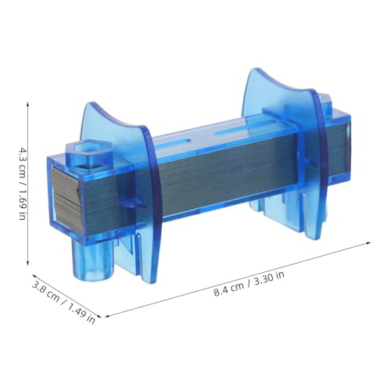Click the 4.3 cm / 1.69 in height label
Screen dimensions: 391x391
(23, 185)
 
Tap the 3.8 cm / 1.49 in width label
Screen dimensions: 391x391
(63, 303)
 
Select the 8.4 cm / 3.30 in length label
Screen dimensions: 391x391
(249, 283)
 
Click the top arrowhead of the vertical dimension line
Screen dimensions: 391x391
(28, 104)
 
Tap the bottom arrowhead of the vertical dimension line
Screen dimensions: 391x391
(28, 264)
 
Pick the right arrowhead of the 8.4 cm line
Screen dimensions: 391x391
(368, 243)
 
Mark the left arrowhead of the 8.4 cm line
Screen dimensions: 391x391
(107, 316)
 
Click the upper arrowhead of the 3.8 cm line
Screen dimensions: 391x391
(34, 275)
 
